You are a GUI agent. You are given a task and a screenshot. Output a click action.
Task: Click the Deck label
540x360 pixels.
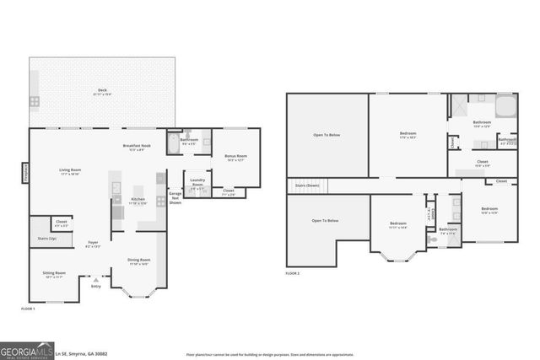[101, 89]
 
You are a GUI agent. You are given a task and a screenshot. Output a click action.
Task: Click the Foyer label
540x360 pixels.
[94, 244]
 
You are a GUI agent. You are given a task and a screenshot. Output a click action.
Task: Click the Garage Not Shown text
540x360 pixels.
[175, 199]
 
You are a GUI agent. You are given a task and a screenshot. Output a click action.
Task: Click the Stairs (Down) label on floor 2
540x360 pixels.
[307, 185]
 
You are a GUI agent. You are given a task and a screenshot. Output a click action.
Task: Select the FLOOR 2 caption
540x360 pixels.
[293, 274]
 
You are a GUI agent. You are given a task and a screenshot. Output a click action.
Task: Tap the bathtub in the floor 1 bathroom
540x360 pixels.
[174, 144]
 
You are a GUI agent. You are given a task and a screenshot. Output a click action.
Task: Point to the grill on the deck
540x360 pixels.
[35, 101]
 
